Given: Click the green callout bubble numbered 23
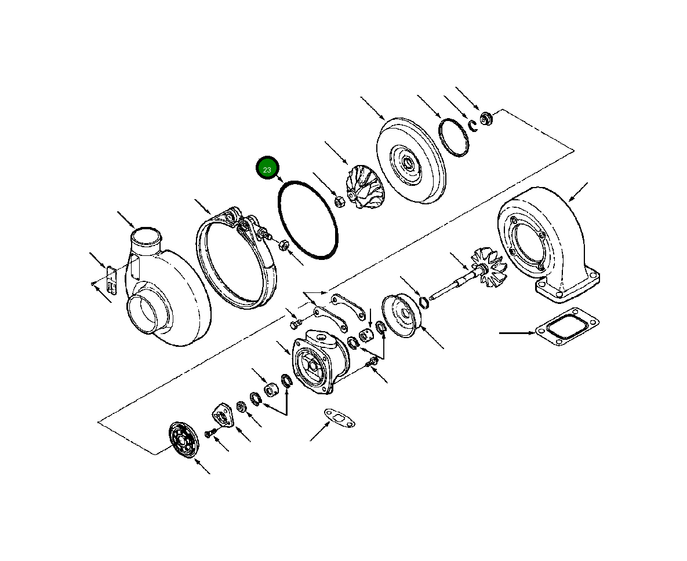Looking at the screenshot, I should point(267,169).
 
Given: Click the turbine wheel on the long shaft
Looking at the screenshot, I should point(489,269).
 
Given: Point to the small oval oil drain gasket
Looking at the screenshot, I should point(339,419).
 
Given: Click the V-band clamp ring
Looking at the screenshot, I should point(235,261).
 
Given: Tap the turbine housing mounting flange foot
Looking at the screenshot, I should point(566,287).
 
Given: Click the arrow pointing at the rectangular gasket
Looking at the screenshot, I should point(517,333).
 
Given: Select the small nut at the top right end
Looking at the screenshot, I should point(486,120).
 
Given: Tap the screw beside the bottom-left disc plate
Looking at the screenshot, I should point(209,432).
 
